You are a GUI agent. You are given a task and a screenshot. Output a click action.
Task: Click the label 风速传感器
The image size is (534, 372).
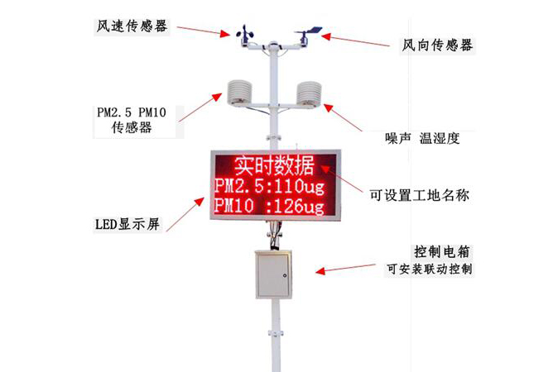pos(131,26)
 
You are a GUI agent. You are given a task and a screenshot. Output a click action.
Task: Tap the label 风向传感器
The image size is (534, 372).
pos(436,45)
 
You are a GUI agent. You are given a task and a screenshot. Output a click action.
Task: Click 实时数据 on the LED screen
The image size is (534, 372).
pos(272,164)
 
